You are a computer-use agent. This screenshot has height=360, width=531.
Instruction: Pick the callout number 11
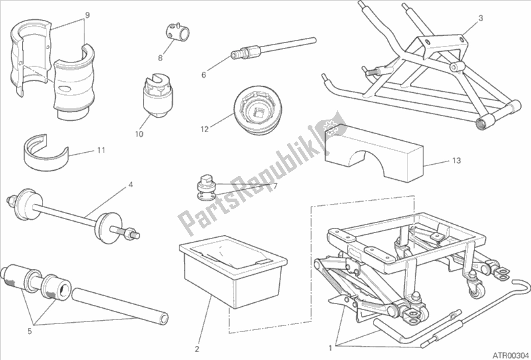click(x=100, y=151)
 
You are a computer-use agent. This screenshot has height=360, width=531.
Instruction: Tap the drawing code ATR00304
click(x=508, y=353)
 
